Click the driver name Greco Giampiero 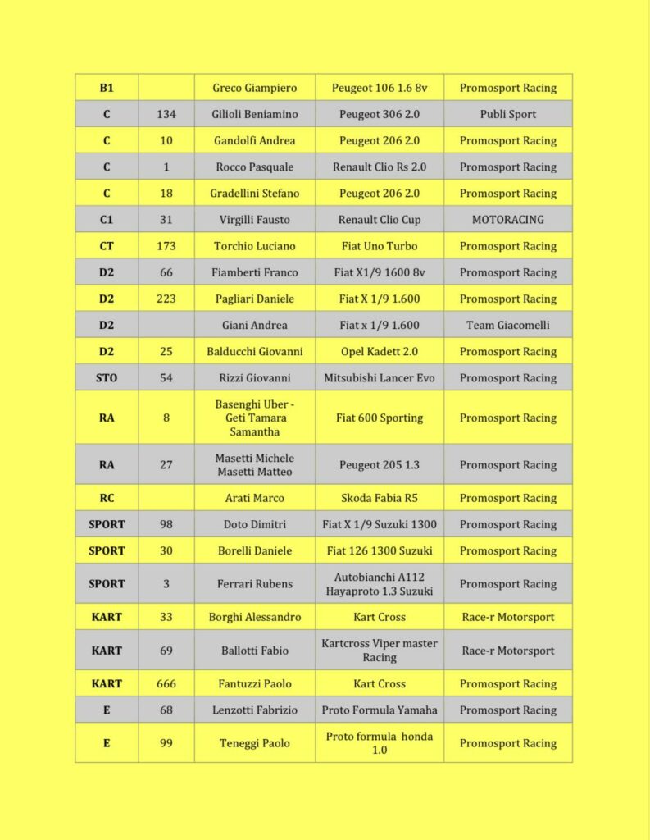254,88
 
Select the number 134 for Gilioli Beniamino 166,114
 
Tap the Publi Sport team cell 507,114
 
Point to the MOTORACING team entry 507,220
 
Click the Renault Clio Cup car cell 380,220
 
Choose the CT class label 107,246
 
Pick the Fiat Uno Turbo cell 380,246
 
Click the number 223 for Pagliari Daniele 166,299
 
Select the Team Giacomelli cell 507,325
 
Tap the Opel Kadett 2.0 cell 380,351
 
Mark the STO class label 107,378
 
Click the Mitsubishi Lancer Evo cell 380,378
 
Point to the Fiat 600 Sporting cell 380,418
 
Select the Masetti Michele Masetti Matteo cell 254,465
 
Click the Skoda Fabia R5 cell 380,498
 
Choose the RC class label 107,498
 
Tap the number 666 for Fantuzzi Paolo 166,683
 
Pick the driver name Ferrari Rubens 254,584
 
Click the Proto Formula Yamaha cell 380,710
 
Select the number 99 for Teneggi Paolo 166,743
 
